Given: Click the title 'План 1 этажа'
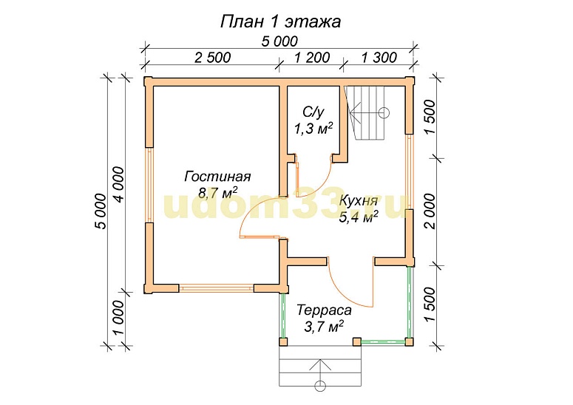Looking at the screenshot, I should [280, 21].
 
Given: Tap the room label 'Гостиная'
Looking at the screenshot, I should [217, 177].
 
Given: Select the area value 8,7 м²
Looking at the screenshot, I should [217, 192].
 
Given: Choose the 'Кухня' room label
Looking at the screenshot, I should [359, 200].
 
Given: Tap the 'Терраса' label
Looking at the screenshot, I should [322, 310].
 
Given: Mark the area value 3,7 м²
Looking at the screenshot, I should [322, 325].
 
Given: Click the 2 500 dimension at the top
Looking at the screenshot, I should [212, 57].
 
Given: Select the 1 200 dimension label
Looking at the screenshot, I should [312, 57].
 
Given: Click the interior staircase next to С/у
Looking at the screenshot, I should [369, 112].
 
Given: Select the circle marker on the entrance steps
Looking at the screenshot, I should [320, 385].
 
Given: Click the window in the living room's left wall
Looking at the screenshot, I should [149, 185].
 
